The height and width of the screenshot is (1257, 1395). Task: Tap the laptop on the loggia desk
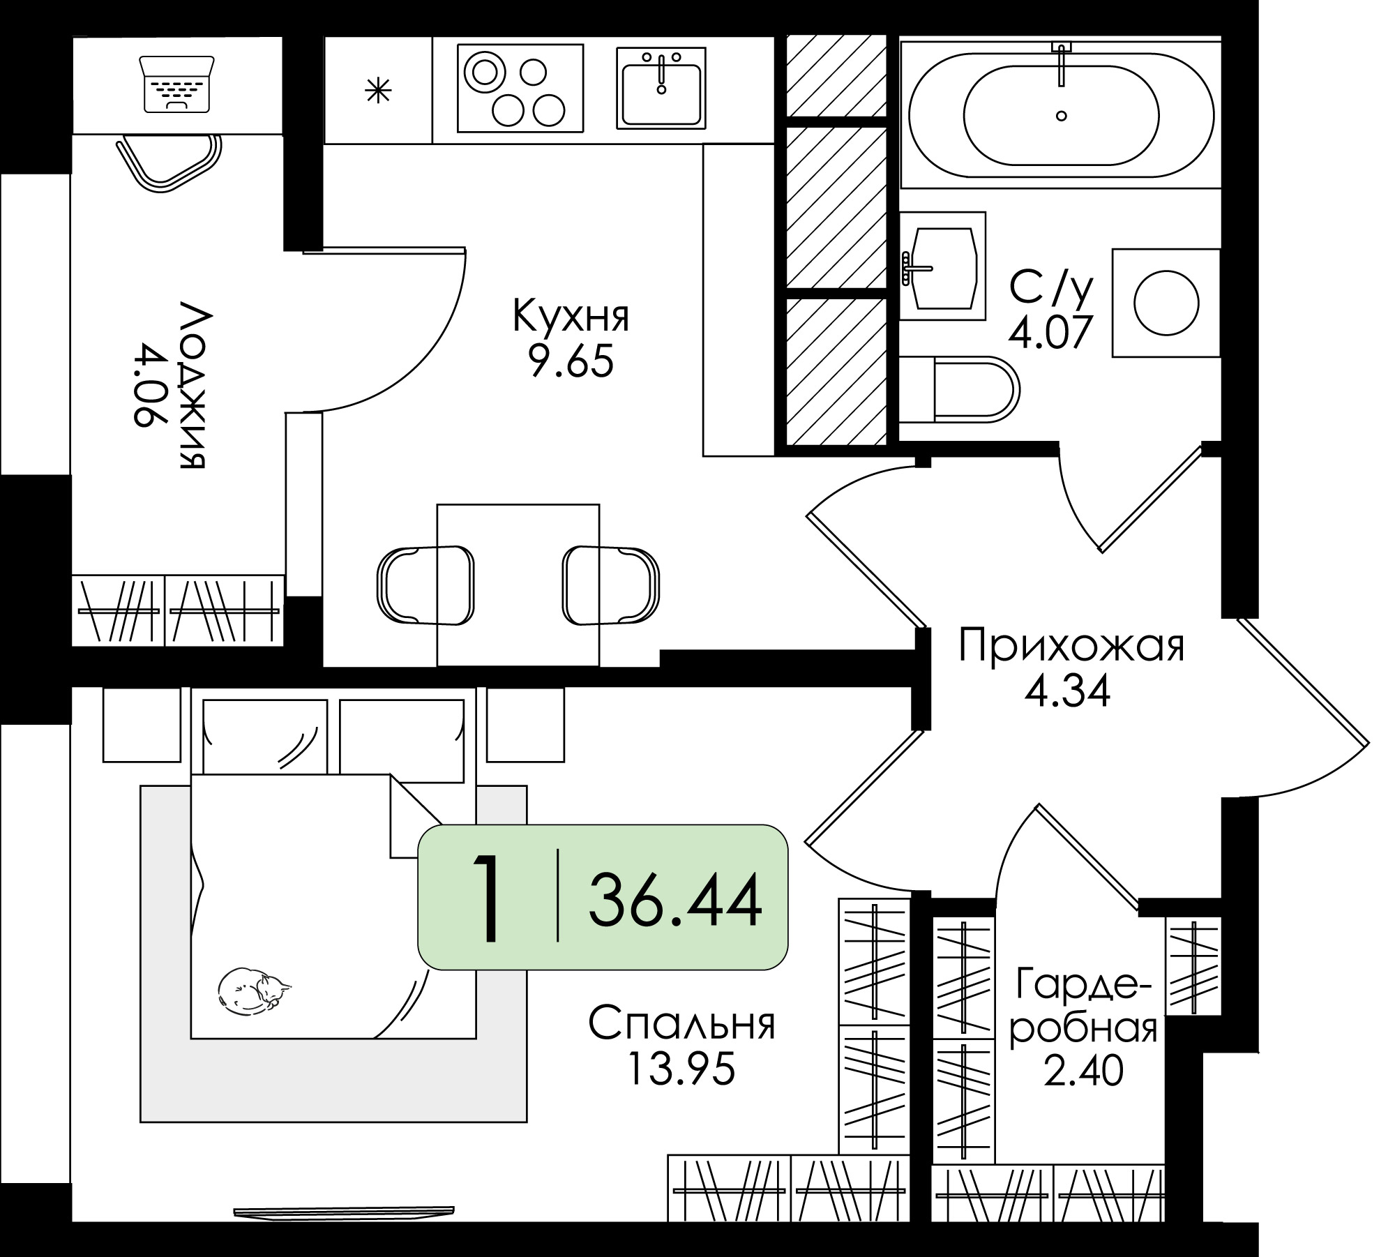pyautogui.click(x=177, y=84)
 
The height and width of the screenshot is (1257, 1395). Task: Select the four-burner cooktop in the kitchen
pyautogui.click(x=520, y=88)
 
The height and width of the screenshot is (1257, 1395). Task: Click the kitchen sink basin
pyautogui.click(x=661, y=89)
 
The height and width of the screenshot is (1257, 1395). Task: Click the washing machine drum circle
pyautogui.click(x=1166, y=303)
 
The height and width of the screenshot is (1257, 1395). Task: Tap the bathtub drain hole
pyautogui.click(x=1062, y=116)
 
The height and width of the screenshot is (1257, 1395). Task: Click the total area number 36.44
pyautogui.click(x=674, y=903)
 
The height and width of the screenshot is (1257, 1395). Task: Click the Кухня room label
pyautogui.click(x=571, y=316)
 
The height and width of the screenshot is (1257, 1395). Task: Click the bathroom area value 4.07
pyautogui.click(x=1048, y=333)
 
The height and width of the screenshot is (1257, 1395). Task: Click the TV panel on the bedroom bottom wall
pyautogui.click(x=344, y=1214)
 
